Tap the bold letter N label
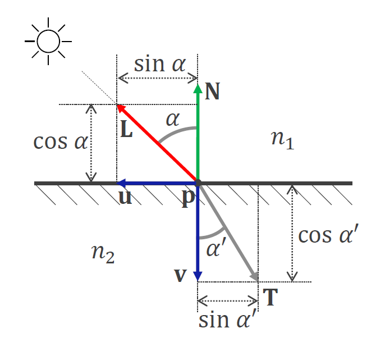coord(212,92)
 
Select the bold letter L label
coord(126,129)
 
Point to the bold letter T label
coord(271,297)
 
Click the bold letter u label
coord(125,197)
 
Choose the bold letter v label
coord(181,275)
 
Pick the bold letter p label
coord(189,199)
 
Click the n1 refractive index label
coord(282,140)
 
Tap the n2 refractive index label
coord(103,254)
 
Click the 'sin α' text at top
coord(160,65)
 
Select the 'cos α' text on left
coord(61,142)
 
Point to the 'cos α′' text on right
coord(328,234)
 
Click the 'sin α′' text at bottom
coord(227,318)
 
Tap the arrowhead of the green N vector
coord(198,89)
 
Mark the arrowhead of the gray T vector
coord(255,276)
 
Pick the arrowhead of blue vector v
coord(198,276)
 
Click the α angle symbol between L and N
coord(173,120)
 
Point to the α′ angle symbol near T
coord(216,248)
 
